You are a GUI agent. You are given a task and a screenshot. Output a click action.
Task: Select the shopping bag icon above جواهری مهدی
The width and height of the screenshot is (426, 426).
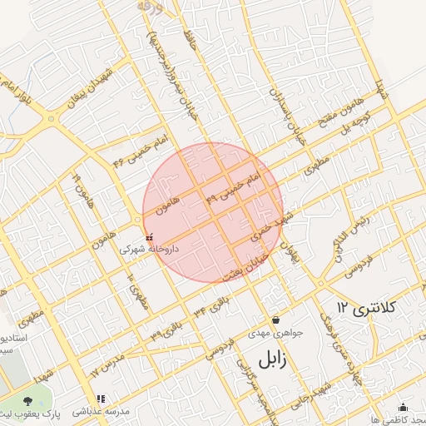pyautogui.click(x=275, y=320)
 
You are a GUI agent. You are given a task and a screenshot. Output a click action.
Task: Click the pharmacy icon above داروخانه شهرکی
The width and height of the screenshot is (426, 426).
pyautogui.click(x=149, y=238)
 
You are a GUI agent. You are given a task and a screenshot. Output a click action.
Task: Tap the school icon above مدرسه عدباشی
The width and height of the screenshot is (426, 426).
pyautogui.click(x=101, y=399)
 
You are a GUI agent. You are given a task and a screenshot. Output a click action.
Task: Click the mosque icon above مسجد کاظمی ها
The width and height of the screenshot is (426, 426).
pyautogui.click(x=404, y=407)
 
